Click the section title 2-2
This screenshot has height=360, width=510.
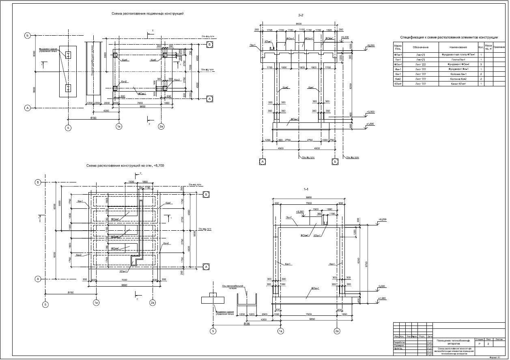[x=301, y=15]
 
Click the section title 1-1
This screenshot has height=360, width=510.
[x=306, y=189]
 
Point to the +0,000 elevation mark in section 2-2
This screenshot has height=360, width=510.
[x=370, y=111]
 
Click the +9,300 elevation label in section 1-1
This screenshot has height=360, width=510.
[x=300, y=211]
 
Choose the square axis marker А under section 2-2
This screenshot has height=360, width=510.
[x=262, y=161]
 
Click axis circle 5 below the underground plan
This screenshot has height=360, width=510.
[x=68, y=128]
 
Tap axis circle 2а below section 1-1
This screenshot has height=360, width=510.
[x=337, y=331]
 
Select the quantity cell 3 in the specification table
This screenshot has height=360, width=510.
[x=481, y=64]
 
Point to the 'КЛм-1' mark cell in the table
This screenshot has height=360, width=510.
[x=398, y=84]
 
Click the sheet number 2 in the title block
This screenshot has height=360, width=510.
[x=488, y=343]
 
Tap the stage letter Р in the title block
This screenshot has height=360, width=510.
[x=479, y=343]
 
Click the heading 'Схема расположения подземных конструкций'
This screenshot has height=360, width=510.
[x=148, y=13]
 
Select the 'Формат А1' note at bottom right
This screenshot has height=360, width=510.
[x=496, y=358]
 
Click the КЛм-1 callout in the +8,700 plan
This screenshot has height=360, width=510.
[x=124, y=271]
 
